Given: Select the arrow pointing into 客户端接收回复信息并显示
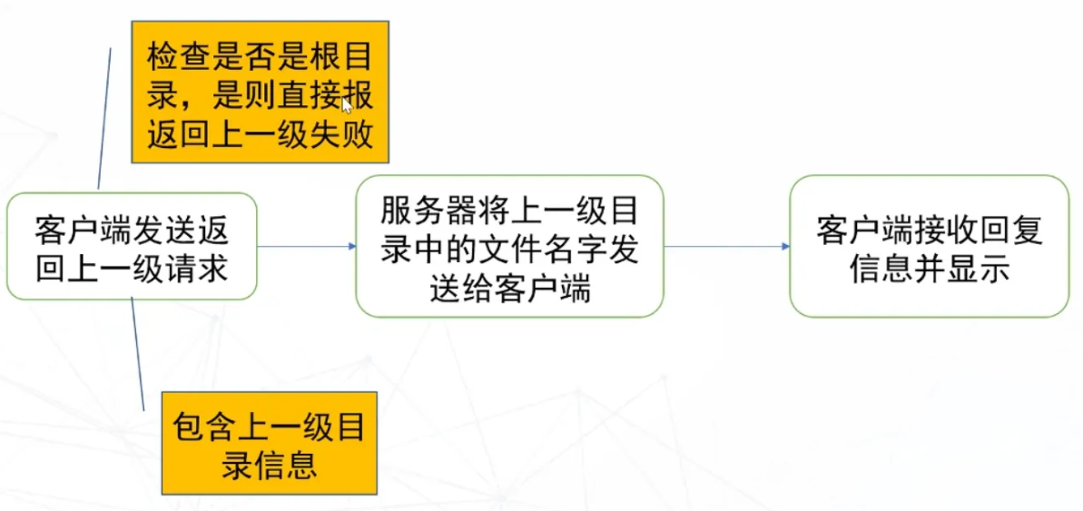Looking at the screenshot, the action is point(726,246).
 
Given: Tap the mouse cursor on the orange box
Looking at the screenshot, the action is point(348,105).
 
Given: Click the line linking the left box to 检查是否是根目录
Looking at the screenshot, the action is point(104,119).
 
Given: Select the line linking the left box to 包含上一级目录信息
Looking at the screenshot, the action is point(138,354).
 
